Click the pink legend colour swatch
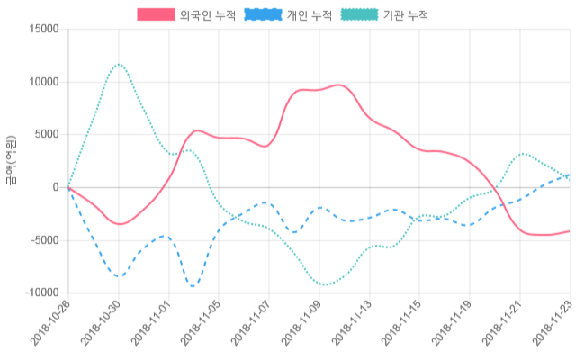pyautogui.click(x=156, y=15)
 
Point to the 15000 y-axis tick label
pyautogui.click(x=41, y=29)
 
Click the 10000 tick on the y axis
pyautogui.click(x=41, y=82)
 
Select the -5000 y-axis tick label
pyautogui.click(x=41, y=240)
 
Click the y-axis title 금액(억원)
pyautogui.click(x=10, y=160)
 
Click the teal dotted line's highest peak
pyautogui.click(x=119, y=65)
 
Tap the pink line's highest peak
pyautogui.click(x=338, y=85)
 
